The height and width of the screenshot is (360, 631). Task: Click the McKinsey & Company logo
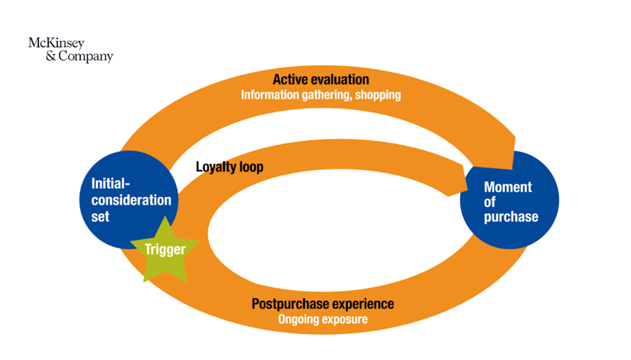coord(70,49)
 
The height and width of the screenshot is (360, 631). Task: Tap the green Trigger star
coord(165,250)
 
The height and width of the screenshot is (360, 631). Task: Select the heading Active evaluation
coord(321,79)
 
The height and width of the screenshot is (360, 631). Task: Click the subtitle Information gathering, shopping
coord(321,95)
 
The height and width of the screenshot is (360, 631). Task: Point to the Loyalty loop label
coord(230,167)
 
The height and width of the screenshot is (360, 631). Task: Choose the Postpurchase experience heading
coord(323,304)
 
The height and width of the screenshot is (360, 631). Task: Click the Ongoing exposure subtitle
coord(323,320)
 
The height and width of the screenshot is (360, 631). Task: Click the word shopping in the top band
coord(378,95)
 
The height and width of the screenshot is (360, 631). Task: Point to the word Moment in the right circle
coord(507,187)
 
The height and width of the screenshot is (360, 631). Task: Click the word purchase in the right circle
coord(511,217)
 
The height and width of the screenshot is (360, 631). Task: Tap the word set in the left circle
coord(100,217)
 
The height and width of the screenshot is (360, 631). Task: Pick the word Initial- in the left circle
coord(111,184)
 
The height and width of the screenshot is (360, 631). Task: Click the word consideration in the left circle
coord(131,201)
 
